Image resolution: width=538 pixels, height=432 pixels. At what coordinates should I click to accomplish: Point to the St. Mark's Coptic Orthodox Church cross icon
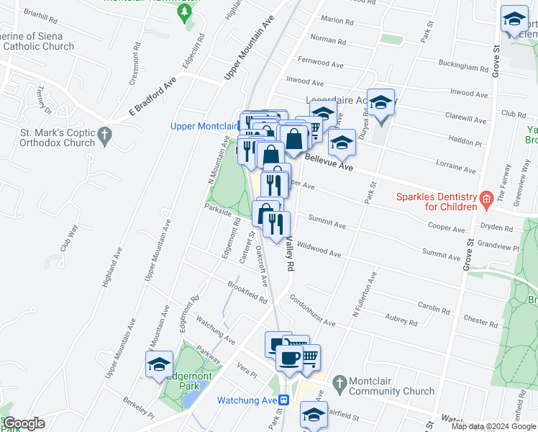point(104,134)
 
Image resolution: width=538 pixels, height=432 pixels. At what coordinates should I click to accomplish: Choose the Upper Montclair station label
point(204,126)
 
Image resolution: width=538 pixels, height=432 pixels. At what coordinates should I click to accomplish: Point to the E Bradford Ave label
point(152,96)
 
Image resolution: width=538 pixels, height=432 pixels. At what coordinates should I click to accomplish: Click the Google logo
point(24,423)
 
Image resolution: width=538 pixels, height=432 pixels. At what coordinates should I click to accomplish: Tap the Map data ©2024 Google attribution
point(493,426)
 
